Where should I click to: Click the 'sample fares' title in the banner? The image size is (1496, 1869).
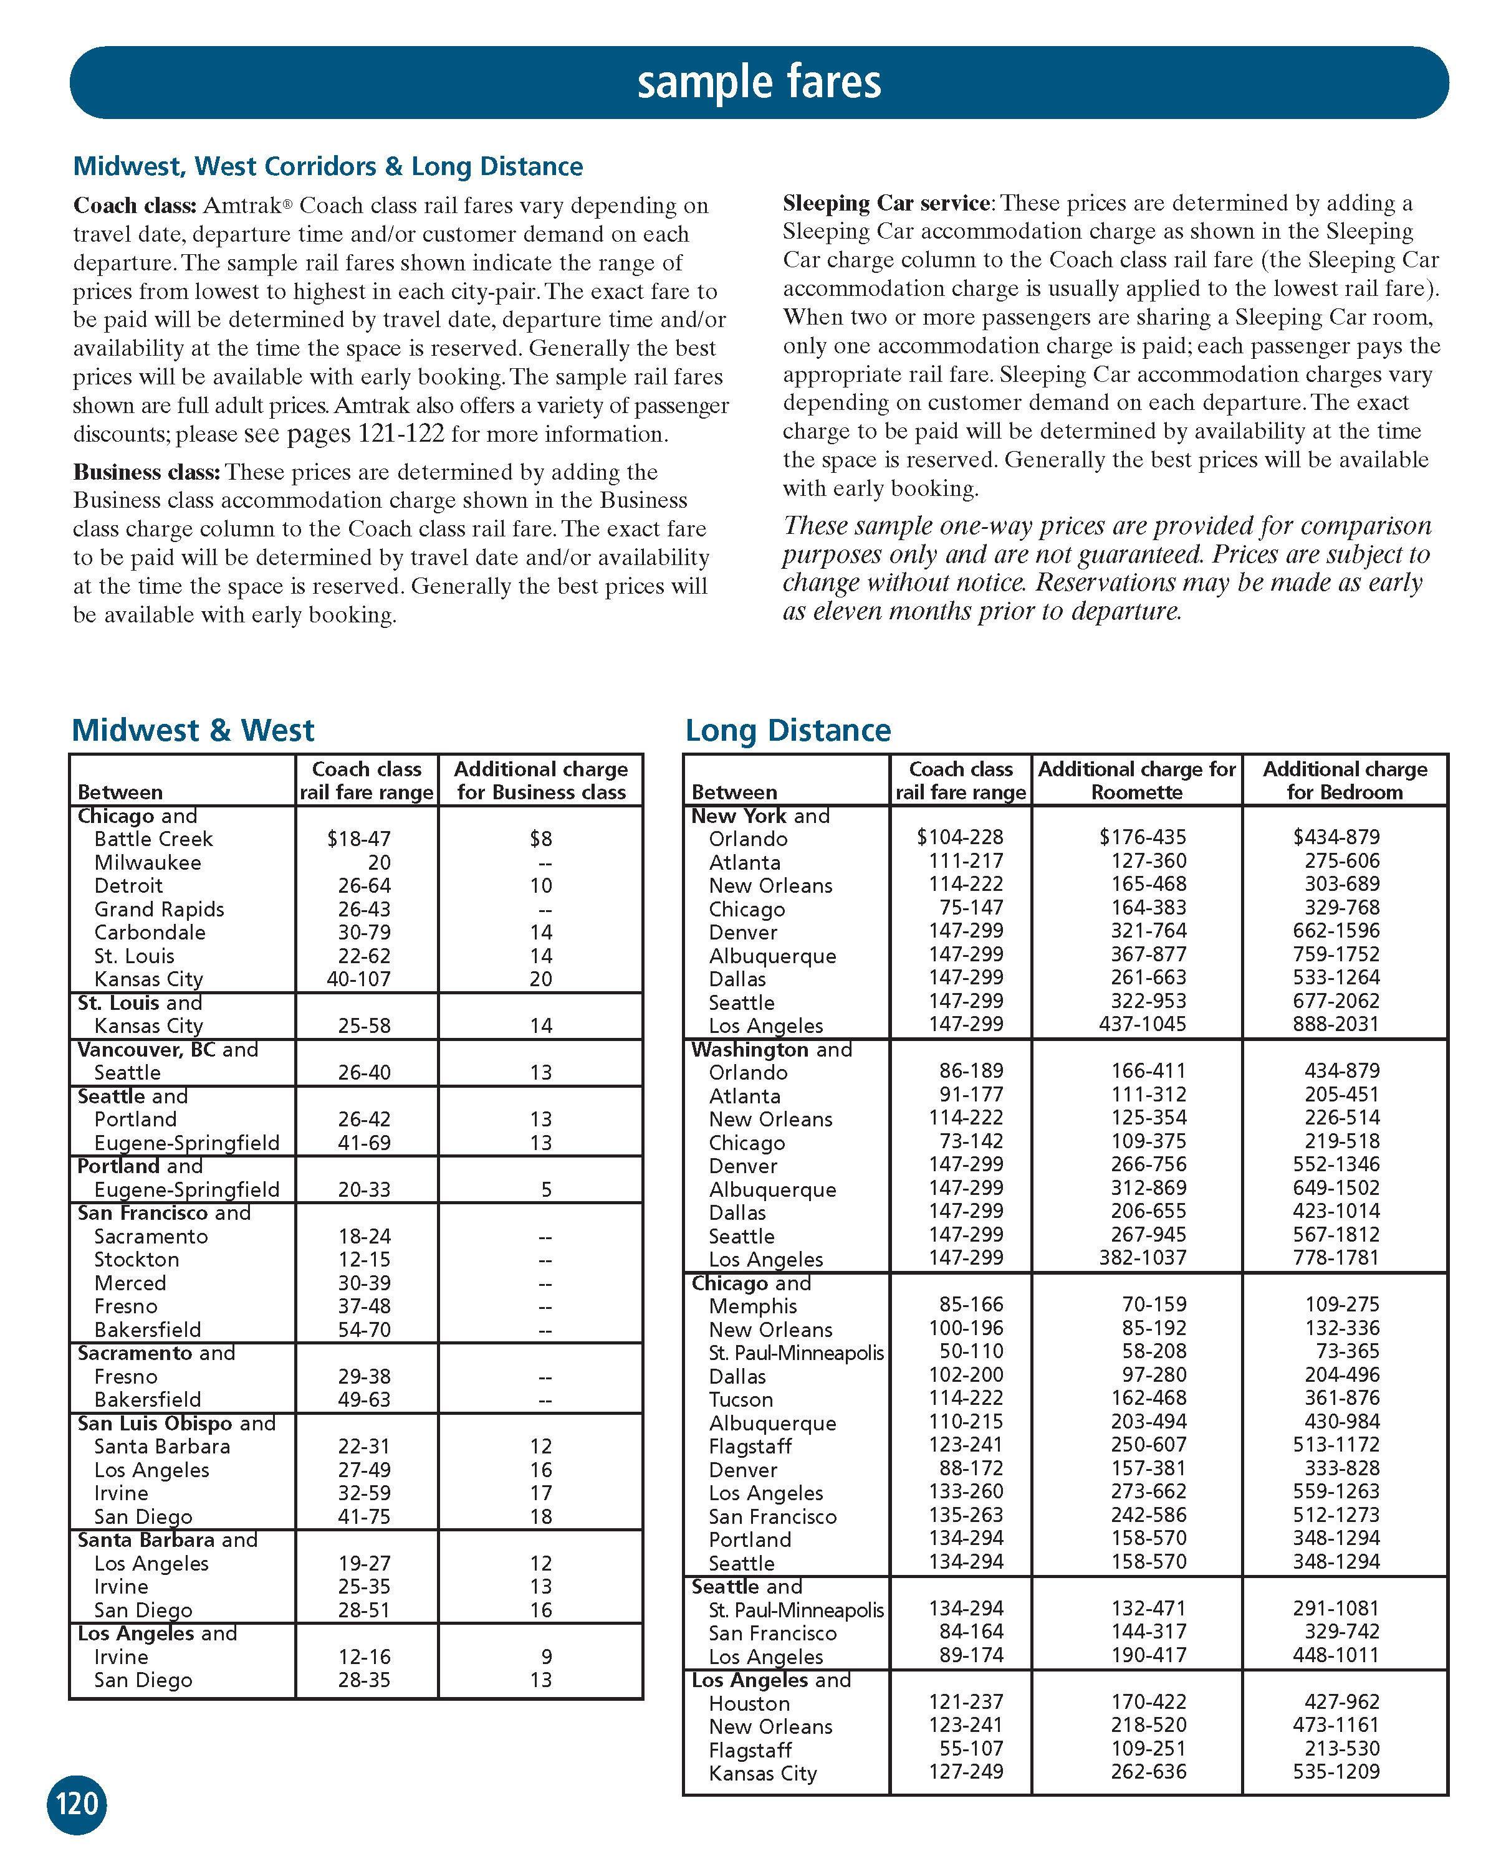tap(759, 82)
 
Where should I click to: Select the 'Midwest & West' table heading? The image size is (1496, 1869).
tap(193, 730)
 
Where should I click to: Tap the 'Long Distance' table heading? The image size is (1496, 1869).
tap(787, 730)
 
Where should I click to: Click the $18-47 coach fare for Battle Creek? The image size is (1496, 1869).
tap(359, 839)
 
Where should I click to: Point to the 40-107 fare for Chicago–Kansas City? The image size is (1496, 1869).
tap(364, 979)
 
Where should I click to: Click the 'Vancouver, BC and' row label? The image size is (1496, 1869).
tap(168, 1049)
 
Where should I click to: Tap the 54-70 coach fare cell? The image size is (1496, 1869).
tap(364, 1330)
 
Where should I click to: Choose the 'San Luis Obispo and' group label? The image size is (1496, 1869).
tap(176, 1424)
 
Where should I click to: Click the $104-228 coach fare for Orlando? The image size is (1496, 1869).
tap(959, 837)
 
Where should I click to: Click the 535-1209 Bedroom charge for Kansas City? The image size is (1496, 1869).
tap(1336, 1772)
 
